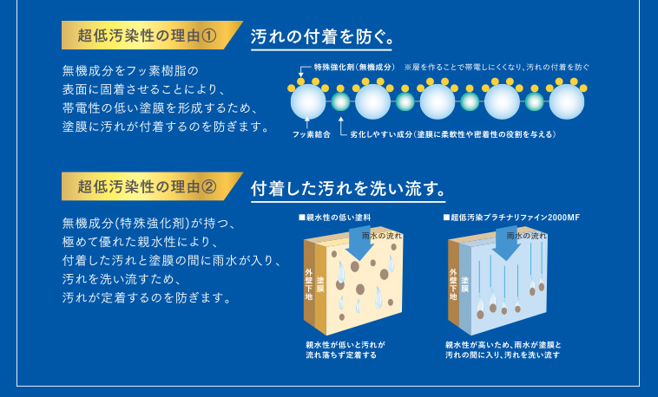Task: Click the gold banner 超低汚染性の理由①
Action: point(148,36)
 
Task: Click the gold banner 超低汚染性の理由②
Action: point(148,185)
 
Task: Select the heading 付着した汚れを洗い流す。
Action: point(348,186)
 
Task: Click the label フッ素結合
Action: point(311,136)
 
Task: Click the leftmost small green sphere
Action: point(341,102)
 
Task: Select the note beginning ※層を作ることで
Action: point(497,67)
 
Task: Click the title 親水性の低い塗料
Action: point(335,218)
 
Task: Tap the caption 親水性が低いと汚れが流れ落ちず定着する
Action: point(345,349)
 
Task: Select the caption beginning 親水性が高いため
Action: point(502,349)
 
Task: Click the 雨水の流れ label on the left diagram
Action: point(383,235)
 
